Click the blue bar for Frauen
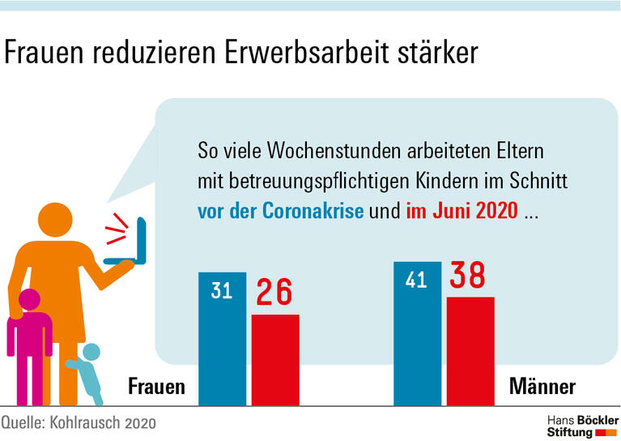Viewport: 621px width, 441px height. (222, 340)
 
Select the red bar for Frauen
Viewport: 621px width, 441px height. (275, 360)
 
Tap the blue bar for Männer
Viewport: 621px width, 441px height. (417, 336)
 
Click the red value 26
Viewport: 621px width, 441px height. (274, 293)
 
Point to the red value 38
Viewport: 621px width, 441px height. (469, 276)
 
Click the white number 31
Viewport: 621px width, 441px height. (222, 290)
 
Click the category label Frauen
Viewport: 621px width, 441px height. (156, 387)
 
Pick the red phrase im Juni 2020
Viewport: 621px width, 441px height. (461, 212)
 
